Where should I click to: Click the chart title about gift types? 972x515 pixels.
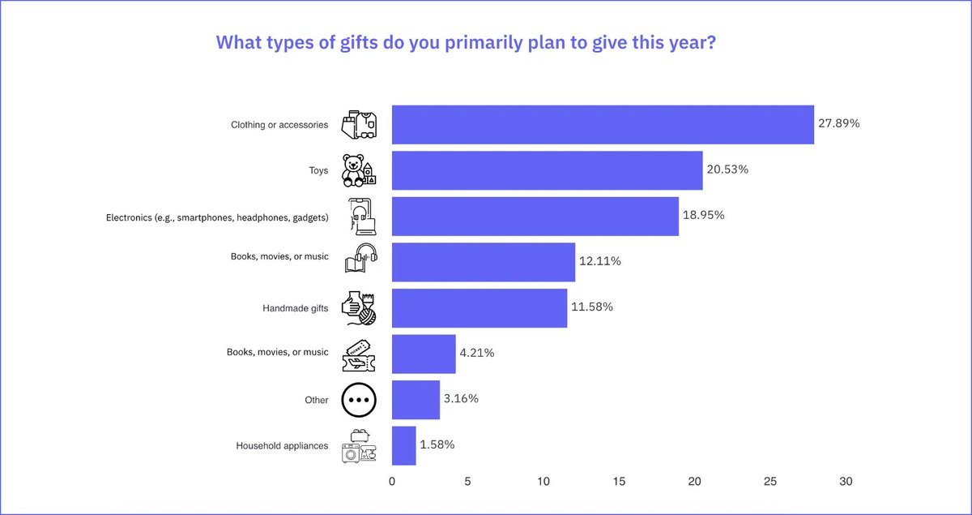pyautogui.click(x=465, y=43)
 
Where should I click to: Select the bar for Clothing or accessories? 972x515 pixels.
pyautogui.click(x=603, y=125)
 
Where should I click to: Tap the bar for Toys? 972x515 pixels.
pyautogui.click(x=547, y=170)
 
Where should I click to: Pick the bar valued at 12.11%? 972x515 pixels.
pyautogui.click(x=484, y=262)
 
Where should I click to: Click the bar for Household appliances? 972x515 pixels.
pyautogui.click(x=403, y=445)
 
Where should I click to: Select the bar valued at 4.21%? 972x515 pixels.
pyautogui.click(x=424, y=354)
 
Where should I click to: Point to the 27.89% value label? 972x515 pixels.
pyautogui.click(x=839, y=124)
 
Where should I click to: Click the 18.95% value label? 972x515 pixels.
pyautogui.click(x=704, y=216)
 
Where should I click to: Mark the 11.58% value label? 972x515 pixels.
pyautogui.click(x=592, y=307)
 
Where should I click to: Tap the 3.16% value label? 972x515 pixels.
pyautogui.click(x=461, y=399)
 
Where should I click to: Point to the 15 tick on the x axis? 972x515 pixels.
pyautogui.click(x=619, y=482)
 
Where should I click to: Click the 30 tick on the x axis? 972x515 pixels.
pyautogui.click(x=846, y=482)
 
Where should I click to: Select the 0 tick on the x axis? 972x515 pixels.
pyautogui.click(x=392, y=482)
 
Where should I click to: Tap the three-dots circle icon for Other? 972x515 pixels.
pyautogui.click(x=359, y=400)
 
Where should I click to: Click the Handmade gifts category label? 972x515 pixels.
pyautogui.click(x=296, y=308)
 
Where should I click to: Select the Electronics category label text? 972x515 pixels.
pyautogui.click(x=217, y=217)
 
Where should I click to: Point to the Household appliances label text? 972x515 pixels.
pyautogui.click(x=282, y=446)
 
